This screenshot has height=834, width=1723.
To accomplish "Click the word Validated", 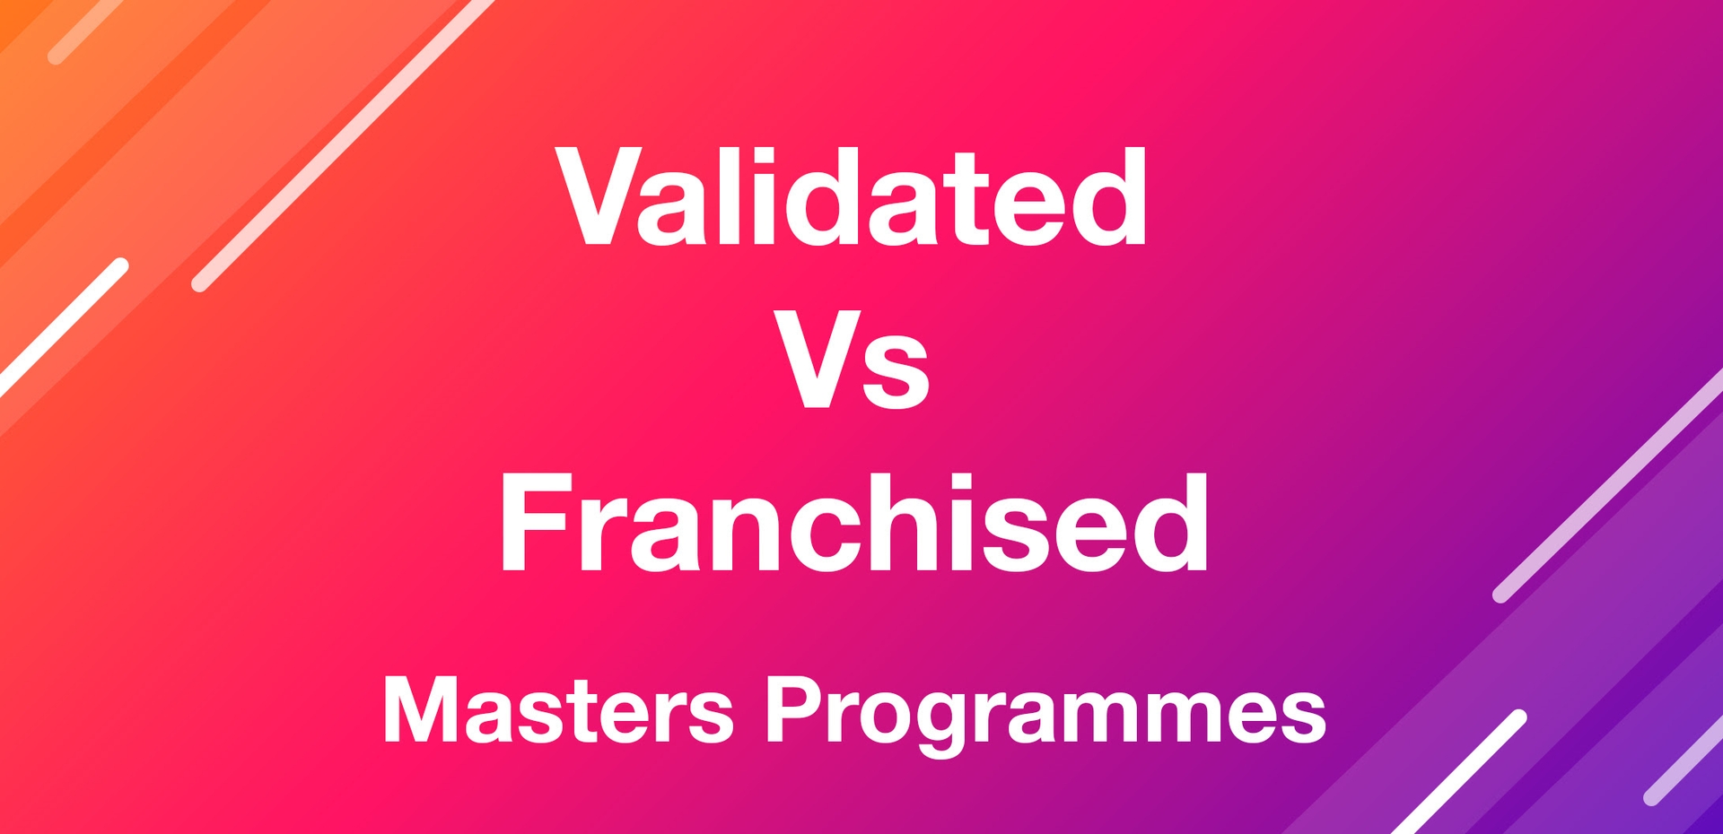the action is coord(851,195).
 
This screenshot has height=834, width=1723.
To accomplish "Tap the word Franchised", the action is coord(853,523).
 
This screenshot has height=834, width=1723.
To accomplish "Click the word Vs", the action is coord(851,359).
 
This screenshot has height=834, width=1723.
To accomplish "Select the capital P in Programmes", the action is coord(793,710).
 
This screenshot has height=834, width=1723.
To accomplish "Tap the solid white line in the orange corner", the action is coord(63,327).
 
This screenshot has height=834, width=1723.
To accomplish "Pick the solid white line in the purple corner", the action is coord(1459,772).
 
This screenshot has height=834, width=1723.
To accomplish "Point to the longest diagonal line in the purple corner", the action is coord(1607,485).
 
